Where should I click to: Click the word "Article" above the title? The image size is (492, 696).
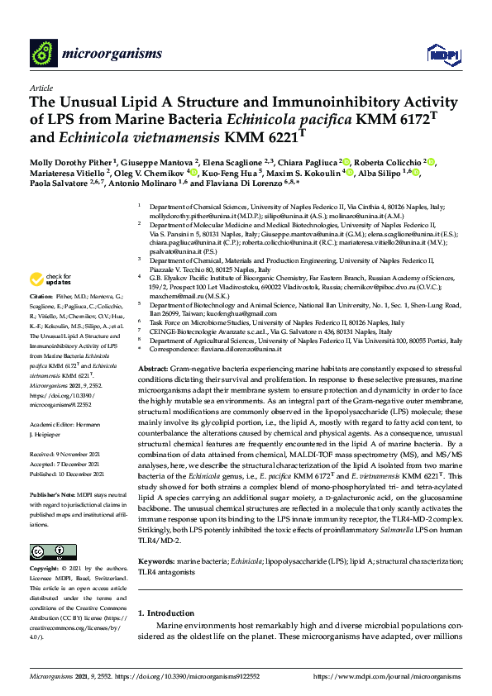41,88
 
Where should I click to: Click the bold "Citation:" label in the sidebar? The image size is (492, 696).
41,295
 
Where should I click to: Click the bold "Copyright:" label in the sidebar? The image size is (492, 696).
46,570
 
